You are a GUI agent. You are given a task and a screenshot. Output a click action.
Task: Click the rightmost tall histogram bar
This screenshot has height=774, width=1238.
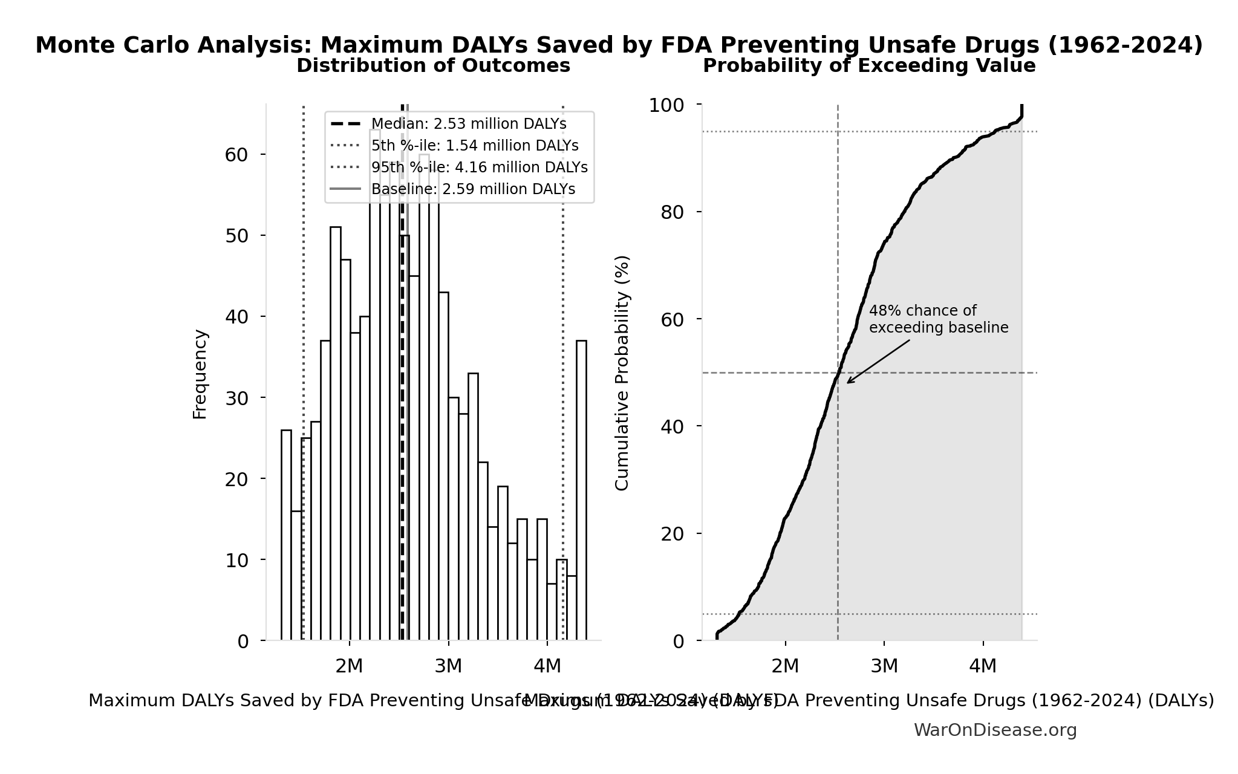coord(581,490)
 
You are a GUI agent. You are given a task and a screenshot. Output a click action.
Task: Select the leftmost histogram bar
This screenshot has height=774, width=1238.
coord(286,535)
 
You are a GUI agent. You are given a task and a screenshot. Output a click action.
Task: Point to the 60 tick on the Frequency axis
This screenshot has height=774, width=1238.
coord(236,155)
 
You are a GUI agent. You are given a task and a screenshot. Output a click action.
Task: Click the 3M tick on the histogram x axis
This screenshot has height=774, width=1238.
coord(448,666)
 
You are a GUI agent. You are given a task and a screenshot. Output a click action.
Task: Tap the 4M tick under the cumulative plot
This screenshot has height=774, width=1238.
coord(983,666)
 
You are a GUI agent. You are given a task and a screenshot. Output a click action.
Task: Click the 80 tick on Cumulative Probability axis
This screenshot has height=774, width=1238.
coord(673,212)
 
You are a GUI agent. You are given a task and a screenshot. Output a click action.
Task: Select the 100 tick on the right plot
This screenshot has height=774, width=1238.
coord(666,105)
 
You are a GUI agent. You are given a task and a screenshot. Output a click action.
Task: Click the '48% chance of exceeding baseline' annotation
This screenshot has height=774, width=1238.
coord(938,319)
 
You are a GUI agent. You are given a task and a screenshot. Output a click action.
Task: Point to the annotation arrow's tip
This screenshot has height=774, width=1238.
coord(847,383)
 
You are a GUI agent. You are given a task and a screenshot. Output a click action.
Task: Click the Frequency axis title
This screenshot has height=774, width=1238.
coord(200,374)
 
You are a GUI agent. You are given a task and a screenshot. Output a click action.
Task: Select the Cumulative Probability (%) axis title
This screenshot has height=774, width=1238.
coord(622,372)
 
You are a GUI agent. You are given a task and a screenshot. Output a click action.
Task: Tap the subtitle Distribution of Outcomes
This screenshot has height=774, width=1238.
coord(433,65)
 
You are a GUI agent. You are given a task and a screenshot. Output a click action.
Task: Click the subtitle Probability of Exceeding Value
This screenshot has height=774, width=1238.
coord(869,65)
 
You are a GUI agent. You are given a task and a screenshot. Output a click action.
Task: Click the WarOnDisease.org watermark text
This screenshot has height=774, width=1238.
coord(995,730)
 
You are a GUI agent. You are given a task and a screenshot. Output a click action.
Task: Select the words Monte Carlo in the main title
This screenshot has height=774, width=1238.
coord(112,45)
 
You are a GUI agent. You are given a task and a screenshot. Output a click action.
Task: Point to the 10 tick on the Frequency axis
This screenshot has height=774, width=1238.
coord(236,560)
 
